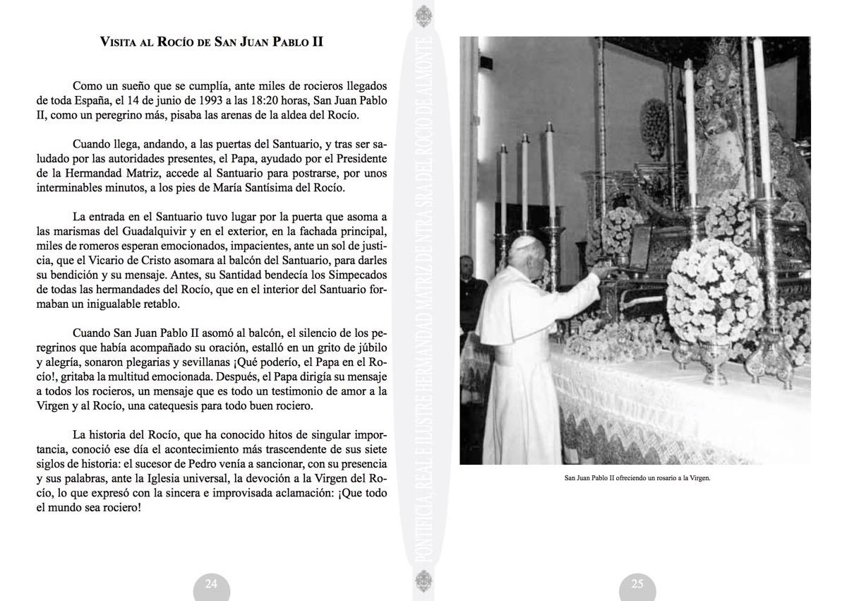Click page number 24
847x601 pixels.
click(211, 584)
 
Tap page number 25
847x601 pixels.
click(637, 584)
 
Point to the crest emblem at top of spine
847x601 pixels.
click(422, 16)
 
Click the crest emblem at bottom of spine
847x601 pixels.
click(422, 586)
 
